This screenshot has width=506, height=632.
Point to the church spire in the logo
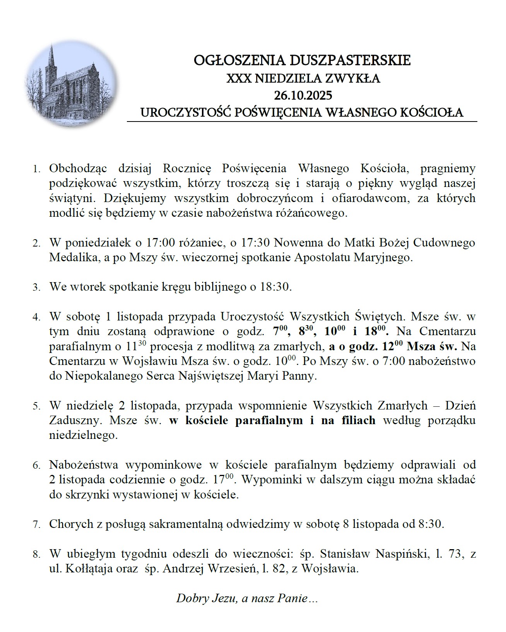point(50,58)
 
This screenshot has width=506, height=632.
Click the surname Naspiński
point(403,554)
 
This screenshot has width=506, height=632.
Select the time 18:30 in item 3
point(276,287)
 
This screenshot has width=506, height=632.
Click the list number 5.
point(36,406)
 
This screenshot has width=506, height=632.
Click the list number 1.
point(36,170)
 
